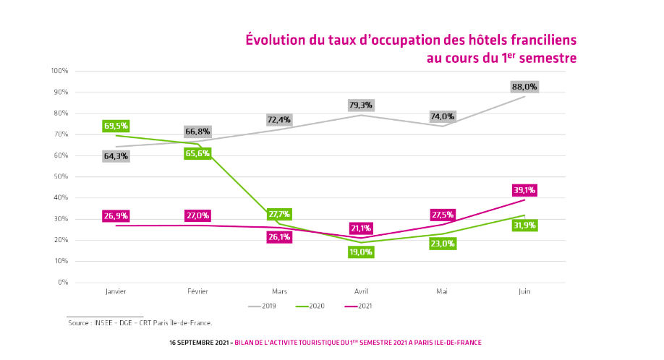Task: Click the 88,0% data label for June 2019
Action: (x=524, y=86)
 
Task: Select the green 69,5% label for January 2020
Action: (x=116, y=126)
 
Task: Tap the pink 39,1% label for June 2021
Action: (x=524, y=190)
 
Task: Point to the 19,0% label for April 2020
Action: (x=360, y=252)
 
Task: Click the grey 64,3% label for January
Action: (x=116, y=155)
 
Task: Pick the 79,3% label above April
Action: (x=360, y=105)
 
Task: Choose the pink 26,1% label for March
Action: (x=279, y=236)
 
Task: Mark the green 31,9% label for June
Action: (x=524, y=226)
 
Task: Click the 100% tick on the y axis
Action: (x=59, y=71)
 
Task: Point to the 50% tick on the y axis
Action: (x=61, y=176)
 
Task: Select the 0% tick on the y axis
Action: (x=63, y=282)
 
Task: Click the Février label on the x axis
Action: (x=197, y=291)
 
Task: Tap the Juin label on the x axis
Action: (x=524, y=291)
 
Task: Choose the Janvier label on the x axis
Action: (x=116, y=291)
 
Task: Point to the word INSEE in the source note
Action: (x=101, y=323)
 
